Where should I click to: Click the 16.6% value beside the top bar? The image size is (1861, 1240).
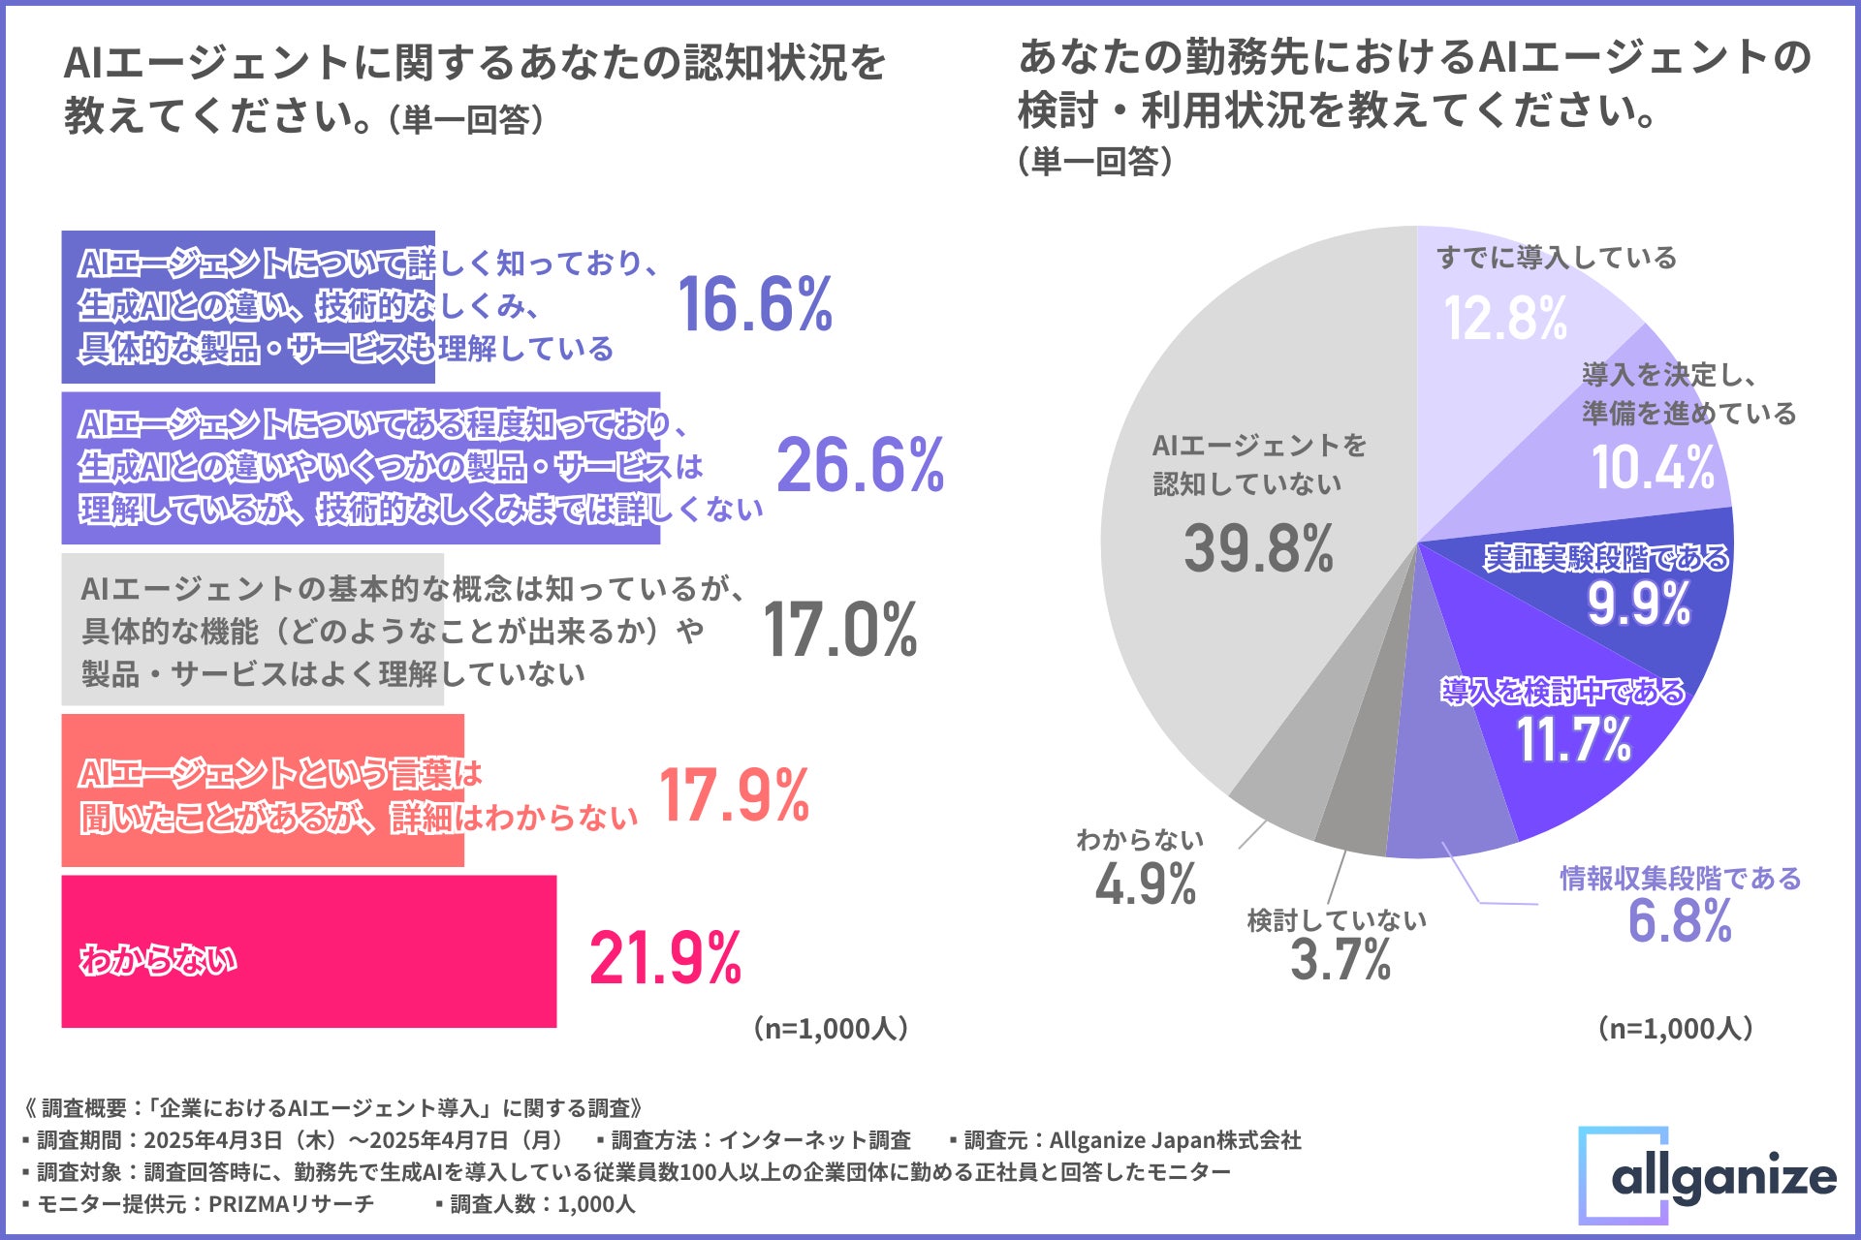(x=754, y=305)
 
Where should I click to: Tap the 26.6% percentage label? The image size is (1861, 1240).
(x=860, y=466)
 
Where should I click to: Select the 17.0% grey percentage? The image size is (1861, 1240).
(x=839, y=630)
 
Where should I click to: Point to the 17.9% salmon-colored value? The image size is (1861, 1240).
(x=734, y=795)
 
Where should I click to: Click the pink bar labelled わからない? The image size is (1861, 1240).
(x=308, y=951)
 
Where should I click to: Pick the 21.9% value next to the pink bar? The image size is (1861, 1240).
(x=665, y=958)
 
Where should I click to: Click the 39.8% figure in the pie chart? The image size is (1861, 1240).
(x=1258, y=548)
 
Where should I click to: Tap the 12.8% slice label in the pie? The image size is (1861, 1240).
(x=1505, y=318)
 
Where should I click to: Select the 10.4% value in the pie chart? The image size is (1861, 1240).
(x=1653, y=468)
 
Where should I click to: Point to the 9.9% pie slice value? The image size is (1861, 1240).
(x=1638, y=604)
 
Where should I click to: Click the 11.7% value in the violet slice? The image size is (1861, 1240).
(x=1574, y=740)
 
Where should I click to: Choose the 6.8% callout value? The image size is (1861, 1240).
(x=1680, y=921)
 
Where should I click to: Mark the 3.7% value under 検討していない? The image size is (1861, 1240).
(x=1341, y=960)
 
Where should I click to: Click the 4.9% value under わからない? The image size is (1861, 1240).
(x=1146, y=884)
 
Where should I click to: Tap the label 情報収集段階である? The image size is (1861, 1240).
(x=1680, y=879)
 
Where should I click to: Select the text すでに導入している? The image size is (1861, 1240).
(x=1556, y=258)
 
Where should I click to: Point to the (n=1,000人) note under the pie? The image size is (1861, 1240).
(x=1675, y=1029)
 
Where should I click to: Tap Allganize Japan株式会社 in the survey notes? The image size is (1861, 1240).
(x=1175, y=1140)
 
